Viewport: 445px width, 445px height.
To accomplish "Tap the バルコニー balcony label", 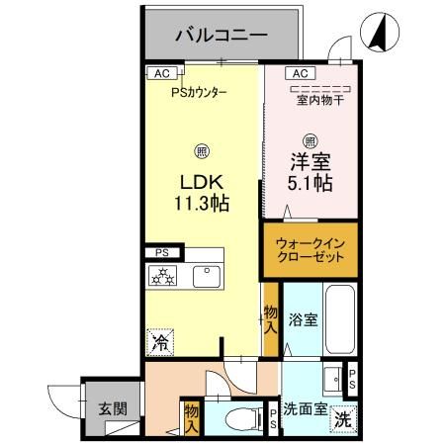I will [221, 36].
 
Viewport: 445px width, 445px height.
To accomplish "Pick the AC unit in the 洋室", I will [300, 72].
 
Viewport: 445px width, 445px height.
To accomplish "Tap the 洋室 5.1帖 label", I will [310, 171].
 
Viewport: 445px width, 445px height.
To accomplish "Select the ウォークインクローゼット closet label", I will [311, 248].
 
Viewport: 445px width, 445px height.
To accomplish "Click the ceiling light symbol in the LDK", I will [202, 151].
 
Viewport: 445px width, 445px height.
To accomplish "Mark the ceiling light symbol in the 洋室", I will [310, 139].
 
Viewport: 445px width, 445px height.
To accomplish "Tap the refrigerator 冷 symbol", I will [159, 342].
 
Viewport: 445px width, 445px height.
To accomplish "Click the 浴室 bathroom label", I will [302, 320].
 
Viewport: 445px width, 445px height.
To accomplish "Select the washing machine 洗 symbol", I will [340, 418].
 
